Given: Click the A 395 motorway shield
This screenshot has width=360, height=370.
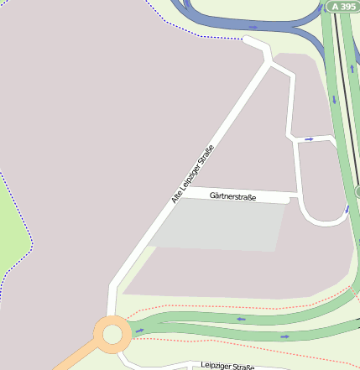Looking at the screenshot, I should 342,6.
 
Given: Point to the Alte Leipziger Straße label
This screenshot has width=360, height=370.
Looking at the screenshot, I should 193,175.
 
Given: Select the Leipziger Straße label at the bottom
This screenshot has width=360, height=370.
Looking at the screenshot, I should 227,367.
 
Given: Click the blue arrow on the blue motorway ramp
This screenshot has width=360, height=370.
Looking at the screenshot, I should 253,27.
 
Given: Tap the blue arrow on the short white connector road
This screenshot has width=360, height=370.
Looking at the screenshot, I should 310,138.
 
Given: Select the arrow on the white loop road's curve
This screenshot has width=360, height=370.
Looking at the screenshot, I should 347,208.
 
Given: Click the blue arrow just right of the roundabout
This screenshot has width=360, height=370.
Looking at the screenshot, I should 139,330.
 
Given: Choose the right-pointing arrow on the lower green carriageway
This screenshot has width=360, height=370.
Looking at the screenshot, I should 284,336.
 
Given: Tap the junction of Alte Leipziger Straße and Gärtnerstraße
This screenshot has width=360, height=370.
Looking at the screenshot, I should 180,193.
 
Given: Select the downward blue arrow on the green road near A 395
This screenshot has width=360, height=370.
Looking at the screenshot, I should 334,100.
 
